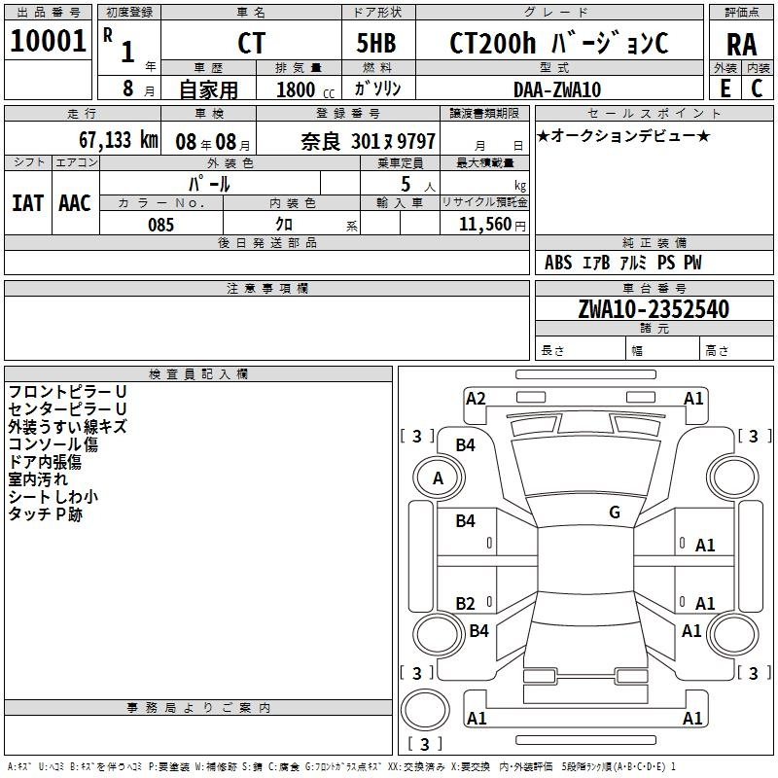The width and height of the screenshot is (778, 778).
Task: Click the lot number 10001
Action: click(x=48, y=41)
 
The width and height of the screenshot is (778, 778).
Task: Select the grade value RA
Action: click(x=741, y=45)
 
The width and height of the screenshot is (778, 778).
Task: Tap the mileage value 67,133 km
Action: click(x=119, y=140)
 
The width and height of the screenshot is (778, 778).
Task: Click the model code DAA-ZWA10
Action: click(x=557, y=89)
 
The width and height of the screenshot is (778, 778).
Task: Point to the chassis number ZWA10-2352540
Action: click(x=654, y=309)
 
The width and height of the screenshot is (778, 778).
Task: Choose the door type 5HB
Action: click(x=376, y=43)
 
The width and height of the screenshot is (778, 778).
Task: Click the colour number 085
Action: click(x=160, y=225)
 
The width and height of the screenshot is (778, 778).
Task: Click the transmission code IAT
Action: click(x=27, y=203)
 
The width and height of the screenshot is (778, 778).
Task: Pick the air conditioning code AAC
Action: click(x=75, y=203)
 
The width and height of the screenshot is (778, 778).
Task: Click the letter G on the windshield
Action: click(x=615, y=512)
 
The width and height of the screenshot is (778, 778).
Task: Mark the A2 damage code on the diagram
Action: click(x=476, y=399)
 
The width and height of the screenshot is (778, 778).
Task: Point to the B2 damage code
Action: click(x=465, y=603)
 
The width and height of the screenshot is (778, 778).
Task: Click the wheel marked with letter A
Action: click(x=439, y=478)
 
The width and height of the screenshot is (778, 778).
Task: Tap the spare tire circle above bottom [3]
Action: click(x=425, y=710)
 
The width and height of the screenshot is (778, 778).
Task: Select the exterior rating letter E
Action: click(x=725, y=88)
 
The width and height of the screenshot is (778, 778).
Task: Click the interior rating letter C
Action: click(x=757, y=88)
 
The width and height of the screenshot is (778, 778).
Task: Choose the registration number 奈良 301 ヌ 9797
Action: click(x=368, y=142)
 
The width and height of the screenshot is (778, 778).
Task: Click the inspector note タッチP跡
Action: click(x=45, y=514)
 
